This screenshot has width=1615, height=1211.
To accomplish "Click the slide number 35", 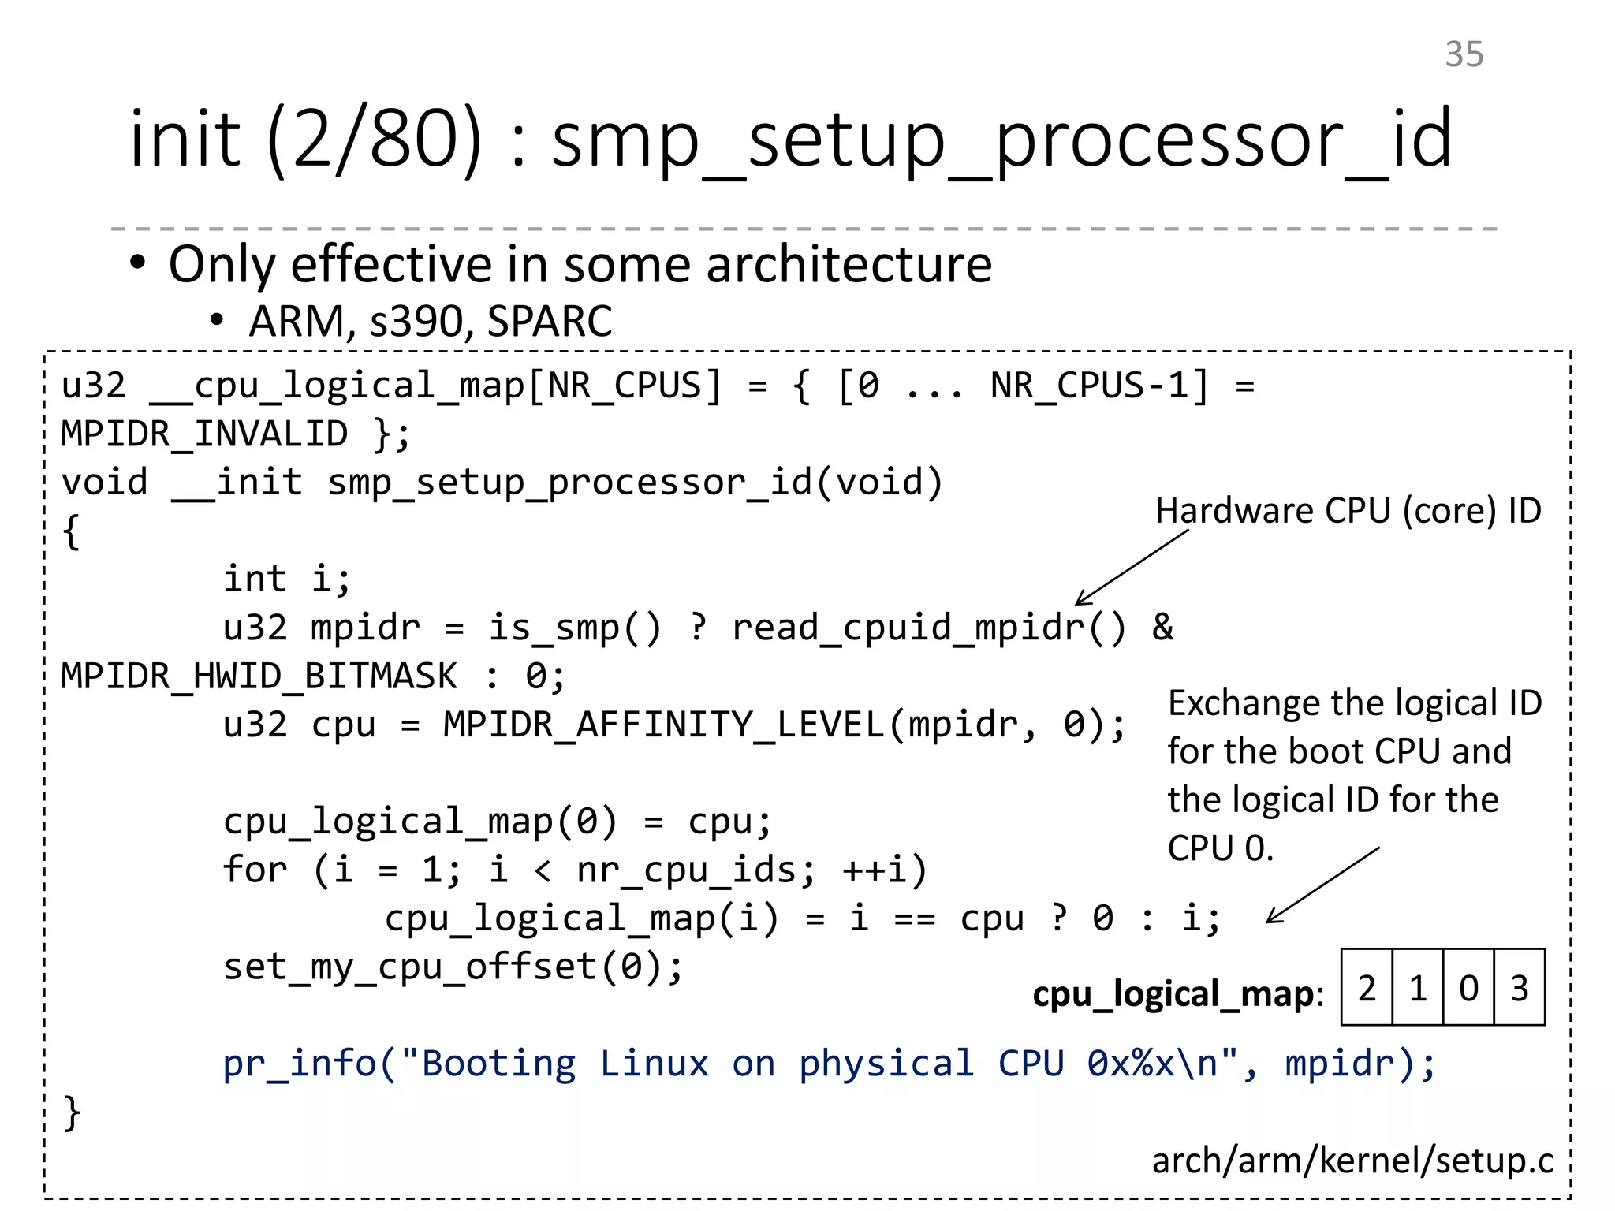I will coord(1464,54).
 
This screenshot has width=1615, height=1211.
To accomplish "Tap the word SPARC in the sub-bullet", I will coord(550,322).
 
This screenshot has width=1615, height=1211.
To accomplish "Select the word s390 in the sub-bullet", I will coord(417,322).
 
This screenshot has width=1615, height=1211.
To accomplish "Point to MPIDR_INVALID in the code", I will coord(204,434).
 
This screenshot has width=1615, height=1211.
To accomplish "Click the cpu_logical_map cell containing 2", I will coord(1367,988).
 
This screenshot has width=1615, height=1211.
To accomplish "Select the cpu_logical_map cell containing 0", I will coord(1468,988).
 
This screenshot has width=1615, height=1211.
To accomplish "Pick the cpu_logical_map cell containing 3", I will coord(1520,988).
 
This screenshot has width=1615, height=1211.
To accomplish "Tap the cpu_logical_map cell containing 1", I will coord(1418,988).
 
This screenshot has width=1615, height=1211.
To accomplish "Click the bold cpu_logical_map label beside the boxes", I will coord(1175,994).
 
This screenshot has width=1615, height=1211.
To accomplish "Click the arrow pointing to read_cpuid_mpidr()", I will coord(1132,567).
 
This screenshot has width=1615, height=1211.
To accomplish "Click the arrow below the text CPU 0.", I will coord(1323,885).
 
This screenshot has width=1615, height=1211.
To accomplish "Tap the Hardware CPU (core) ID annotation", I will coord(1348,511).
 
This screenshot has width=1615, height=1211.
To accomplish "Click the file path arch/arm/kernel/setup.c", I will coord(1352,1161).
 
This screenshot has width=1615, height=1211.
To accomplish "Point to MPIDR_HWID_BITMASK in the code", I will coord(259,676).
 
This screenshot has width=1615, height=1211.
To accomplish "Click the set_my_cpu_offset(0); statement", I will coord(453,967).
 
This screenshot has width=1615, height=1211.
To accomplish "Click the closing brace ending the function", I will coord(72,1112).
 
